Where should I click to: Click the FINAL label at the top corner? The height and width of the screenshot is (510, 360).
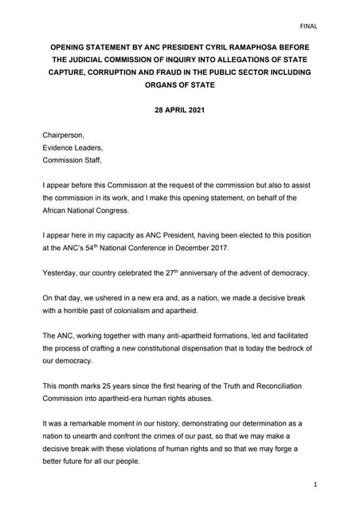coord(308,25)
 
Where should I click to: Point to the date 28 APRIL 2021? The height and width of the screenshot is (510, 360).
coord(179,112)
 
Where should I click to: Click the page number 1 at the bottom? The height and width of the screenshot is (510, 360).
coord(315,484)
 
